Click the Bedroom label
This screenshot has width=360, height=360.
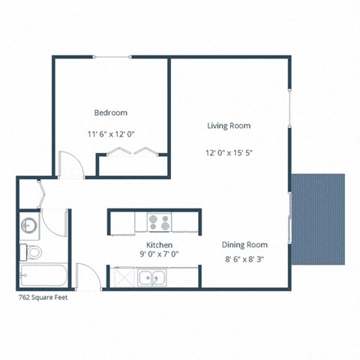click(110, 112)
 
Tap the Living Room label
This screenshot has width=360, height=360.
click(229, 125)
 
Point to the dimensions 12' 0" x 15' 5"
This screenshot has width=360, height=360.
click(229, 153)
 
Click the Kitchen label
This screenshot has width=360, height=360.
click(160, 245)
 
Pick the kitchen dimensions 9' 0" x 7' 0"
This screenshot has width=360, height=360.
click(160, 254)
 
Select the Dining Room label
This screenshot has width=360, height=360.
click(244, 244)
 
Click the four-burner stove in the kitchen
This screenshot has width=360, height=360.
click(158, 222)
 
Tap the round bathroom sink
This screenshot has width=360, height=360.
click(30, 225)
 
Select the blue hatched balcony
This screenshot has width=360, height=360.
click(318, 218)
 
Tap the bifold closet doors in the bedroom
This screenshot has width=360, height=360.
click(132, 152)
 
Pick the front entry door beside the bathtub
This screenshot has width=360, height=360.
click(84, 277)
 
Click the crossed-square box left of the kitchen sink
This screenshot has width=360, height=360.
click(119, 278)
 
